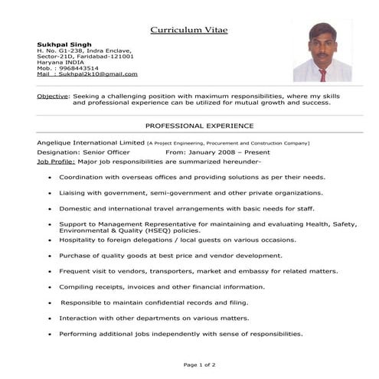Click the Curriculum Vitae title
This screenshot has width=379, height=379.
click(188, 30)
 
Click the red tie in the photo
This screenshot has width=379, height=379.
click(322, 74)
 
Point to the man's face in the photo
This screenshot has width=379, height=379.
click(322, 46)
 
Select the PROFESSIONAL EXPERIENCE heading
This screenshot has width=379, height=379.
click(199, 125)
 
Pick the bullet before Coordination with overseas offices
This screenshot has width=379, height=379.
click(50, 178)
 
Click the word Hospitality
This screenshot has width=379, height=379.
click(80, 240)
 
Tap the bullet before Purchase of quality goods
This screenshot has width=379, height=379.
click(50, 256)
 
